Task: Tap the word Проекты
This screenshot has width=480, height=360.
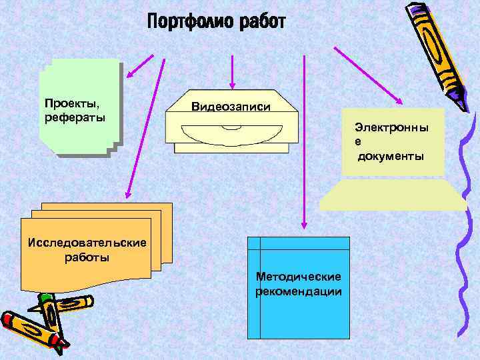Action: click(67, 104)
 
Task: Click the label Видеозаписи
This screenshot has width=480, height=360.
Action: click(231, 106)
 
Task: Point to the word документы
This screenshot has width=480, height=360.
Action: click(391, 157)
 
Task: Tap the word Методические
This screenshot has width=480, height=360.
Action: click(299, 277)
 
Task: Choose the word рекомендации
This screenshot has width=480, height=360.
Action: click(299, 291)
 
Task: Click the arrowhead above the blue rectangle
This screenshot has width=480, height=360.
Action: click(303, 225)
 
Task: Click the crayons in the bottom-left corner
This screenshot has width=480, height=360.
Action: click(37, 323)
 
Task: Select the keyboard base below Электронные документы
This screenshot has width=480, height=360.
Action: click(393, 195)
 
